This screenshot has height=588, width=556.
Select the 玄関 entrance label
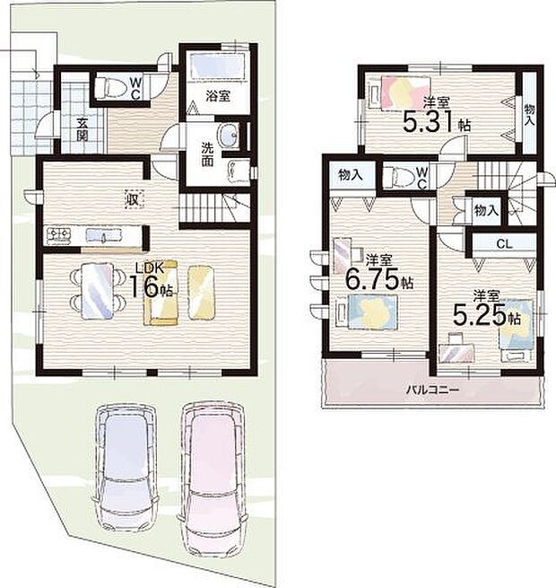point(82,130)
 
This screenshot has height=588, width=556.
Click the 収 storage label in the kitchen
point(132,198)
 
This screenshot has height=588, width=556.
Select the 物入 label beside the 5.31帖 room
point(529,113)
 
